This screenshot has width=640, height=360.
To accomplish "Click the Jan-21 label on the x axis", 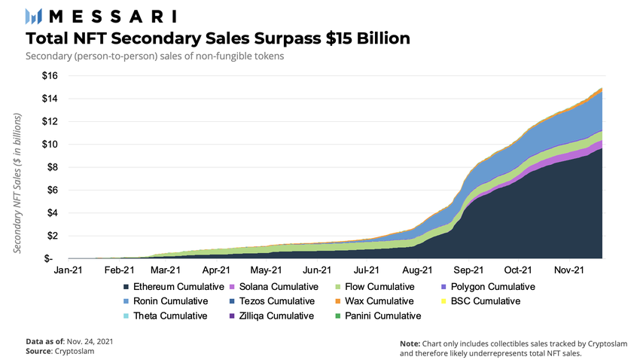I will point(69,270).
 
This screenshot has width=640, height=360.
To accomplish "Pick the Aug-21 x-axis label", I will point(416,270).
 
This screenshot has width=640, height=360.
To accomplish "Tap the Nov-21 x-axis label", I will point(569,270).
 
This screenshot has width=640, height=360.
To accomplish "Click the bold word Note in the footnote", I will point(410,343).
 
